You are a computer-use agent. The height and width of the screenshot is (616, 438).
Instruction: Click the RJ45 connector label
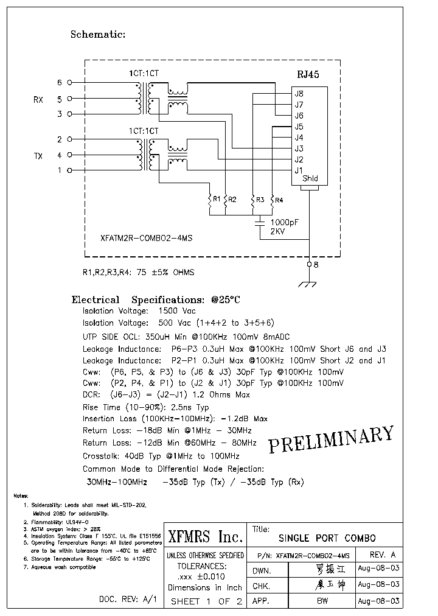click(x=307, y=74)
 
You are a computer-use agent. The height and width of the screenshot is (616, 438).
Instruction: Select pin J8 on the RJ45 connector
click(x=299, y=94)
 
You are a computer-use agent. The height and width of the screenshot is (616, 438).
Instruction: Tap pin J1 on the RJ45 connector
click(x=299, y=170)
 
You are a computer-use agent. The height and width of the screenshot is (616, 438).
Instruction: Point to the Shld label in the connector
click(x=310, y=179)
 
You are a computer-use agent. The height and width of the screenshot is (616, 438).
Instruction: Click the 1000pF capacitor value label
click(x=284, y=223)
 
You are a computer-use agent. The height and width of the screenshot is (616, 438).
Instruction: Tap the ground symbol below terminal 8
click(x=310, y=282)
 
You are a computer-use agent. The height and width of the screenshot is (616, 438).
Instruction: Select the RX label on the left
click(x=38, y=99)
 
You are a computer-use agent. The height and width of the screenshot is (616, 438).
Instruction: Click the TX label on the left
click(x=38, y=156)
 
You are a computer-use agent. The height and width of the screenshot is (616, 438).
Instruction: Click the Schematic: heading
click(x=98, y=35)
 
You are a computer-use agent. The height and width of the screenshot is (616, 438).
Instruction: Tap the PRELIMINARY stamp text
click(x=331, y=439)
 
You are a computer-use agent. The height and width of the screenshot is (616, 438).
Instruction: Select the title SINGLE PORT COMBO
click(x=327, y=539)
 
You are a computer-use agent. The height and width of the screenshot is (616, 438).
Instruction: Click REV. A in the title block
click(x=383, y=555)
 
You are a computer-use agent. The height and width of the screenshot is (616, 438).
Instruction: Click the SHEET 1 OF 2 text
click(x=206, y=601)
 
